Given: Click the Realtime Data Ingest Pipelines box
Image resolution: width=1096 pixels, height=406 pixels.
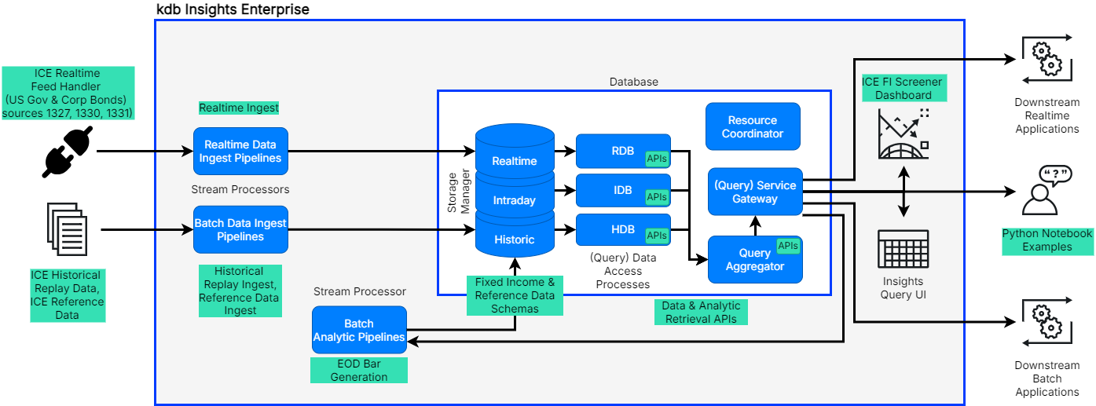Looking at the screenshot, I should click(x=240, y=152).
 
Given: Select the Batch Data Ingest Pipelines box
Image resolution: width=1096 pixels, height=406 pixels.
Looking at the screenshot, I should click(x=240, y=229).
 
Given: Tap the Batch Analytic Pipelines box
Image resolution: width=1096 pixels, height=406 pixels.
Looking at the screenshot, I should click(x=359, y=331).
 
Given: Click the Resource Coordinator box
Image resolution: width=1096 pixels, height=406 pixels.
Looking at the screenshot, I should click(x=753, y=127).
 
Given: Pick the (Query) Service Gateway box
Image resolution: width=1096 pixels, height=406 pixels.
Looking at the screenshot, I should click(x=755, y=192).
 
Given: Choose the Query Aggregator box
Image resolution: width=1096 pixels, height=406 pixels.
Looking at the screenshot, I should click(x=755, y=260).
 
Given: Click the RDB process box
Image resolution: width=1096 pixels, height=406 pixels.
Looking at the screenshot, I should click(x=623, y=151).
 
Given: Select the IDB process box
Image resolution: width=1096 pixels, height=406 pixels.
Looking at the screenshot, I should click(x=623, y=191).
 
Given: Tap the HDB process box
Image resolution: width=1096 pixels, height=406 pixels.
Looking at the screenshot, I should click(x=623, y=229).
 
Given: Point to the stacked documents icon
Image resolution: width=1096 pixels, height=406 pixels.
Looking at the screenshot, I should click(x=67, y=229).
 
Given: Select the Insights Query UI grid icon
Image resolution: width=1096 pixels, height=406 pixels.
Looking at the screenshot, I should click(x=903, y=251).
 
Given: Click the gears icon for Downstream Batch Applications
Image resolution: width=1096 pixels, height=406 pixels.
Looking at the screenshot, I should click(x=1047, y=323).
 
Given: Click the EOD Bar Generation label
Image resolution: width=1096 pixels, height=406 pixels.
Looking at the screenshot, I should click(x=359, y=370).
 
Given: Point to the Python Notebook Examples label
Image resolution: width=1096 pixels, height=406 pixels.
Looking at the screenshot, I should click(x=1047, y=240).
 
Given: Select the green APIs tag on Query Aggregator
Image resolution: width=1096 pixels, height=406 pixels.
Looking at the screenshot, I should click(x=787, y=246).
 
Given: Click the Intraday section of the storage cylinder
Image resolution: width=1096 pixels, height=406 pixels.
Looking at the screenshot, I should click(x=514, y=200).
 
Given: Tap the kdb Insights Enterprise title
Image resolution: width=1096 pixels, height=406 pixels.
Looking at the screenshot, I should click(x=233, y=9).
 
